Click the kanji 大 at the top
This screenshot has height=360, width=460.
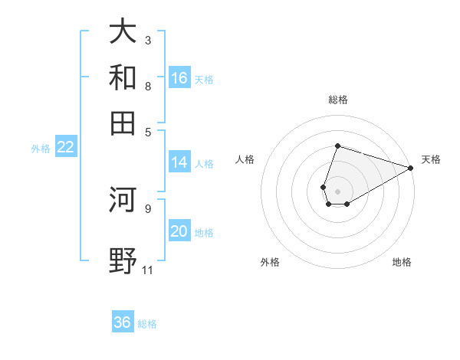(x=123, y=31)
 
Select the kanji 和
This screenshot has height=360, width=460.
(x=123, y=77)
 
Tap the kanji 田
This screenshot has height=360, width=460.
(x=123, y=123)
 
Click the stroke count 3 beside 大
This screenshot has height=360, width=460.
(x=148, y=40)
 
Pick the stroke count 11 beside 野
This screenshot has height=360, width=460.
(x=147, y=270)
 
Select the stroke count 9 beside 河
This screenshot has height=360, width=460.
(x=148, y=208)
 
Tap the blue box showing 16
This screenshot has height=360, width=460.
(x=179, y=78)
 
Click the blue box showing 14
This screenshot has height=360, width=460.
(x=179, y=162)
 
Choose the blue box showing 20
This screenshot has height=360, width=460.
(x=179, y=232)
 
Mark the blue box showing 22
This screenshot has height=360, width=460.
(x=66, y=148)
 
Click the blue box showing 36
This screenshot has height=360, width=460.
(x=123, y=322)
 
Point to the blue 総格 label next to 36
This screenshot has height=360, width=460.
(x=147, y=324)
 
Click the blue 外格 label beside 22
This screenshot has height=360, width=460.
(x=41, y=149)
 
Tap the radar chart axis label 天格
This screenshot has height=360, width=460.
(x=431, y=159)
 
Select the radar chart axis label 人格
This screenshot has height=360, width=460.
(x=245, y=159)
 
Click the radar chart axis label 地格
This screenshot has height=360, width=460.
(x=402, y=263)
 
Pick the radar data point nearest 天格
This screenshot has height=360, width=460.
(x=410, y=168)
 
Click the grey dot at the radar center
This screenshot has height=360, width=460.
(x=337, y=191)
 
